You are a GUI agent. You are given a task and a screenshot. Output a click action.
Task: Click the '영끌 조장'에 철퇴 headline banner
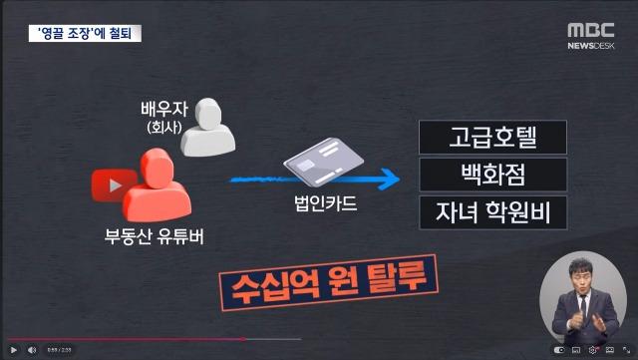86,33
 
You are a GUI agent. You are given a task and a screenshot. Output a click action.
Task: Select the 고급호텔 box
492,137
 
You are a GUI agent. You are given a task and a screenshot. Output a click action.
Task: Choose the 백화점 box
492,175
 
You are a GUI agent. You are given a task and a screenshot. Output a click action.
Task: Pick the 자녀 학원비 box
492,212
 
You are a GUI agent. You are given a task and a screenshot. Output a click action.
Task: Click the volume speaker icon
32,350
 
